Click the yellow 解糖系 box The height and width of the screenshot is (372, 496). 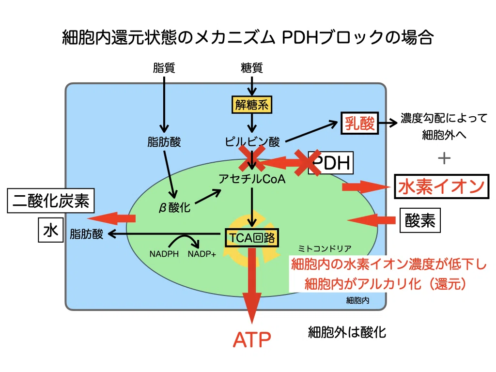click(x=252, y=105)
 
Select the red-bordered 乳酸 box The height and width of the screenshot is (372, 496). click(x=360, y=123)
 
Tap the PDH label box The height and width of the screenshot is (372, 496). click(x=331, y=163)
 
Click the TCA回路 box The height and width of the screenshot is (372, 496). click(x=252, y=237)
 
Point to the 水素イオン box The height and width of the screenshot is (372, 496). click(x=442, y=186)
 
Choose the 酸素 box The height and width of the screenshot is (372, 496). click(x=420, y=220)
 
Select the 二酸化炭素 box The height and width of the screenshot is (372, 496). click(x=50, y=201)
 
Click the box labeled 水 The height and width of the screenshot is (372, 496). click(x=50, y=230)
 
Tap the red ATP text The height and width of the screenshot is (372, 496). click(x=252, y=340)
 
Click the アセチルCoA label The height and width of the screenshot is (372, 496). click(x=252, y=179)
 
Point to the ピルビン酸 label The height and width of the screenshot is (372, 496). click(x=252, y=142)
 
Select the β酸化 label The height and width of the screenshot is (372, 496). click(x=174, y=207)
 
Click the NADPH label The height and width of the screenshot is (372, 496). click(x=164, y=254)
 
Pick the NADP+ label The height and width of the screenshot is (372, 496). click(x=202, y=254)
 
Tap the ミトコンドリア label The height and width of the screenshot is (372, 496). click(x=325, y=248)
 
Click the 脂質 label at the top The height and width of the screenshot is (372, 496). click(x=164, y=68)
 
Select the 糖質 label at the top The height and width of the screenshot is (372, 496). click(x=252, y=68)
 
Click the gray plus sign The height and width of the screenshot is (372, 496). click(x=444, y=158)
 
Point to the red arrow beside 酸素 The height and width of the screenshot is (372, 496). click(x=371, y=220)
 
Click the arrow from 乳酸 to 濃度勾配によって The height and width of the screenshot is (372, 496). click(x=388, y=123)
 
